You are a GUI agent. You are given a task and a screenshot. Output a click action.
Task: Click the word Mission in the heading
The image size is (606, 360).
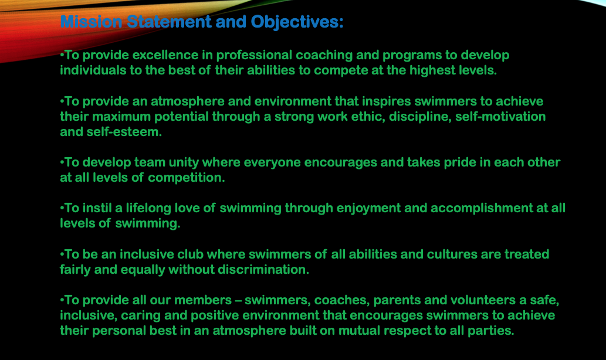click(91, 22)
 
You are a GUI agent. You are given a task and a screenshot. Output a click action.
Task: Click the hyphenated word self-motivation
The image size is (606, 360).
click(500, 117)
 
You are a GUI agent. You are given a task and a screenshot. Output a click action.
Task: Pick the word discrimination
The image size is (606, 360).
click(263, 270)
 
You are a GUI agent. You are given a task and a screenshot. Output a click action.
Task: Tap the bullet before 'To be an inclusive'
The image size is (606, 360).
click(62, 254)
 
